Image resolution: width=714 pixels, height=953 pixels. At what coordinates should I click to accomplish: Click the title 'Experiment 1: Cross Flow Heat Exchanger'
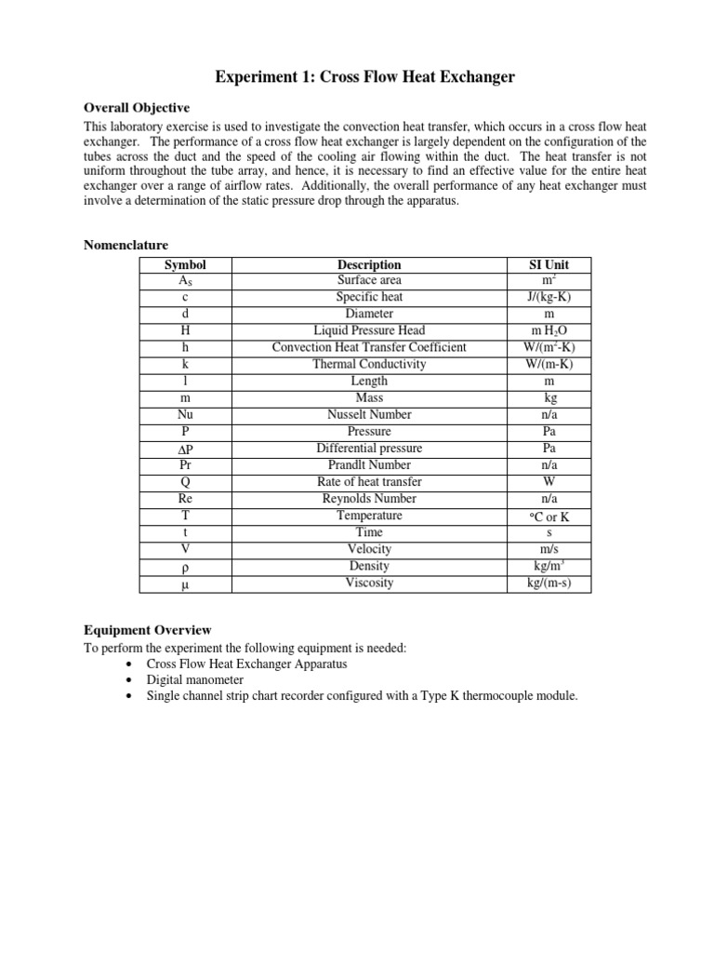[x=357, y=77]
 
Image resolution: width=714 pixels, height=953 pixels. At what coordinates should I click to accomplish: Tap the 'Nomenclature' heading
[x=126, y=246]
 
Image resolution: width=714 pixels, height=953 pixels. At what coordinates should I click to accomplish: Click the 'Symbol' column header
[x=184, y=265]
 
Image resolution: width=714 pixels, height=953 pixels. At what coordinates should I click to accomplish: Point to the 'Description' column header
[x=369, y=265]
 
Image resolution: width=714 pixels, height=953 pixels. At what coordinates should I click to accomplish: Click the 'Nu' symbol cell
[x=184, y=415]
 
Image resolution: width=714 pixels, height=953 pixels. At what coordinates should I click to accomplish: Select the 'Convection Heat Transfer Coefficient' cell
[x=369, y=348]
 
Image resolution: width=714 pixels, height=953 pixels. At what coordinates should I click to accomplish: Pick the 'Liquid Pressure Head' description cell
[x=369, y=331]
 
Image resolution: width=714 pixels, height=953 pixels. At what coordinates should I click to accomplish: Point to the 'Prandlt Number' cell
[x=369, y=465]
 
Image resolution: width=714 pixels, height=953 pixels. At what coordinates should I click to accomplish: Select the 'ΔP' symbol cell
[x=184, y=449]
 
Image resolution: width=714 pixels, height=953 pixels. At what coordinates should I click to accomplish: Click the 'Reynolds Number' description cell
[x=369, y=499]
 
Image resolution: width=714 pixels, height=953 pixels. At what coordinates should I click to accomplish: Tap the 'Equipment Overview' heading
[x=148, y=630]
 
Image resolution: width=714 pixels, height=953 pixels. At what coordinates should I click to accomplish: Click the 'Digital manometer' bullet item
[x=194, y=679]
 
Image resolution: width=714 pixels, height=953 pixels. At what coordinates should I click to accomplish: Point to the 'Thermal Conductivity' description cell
[x=369, y=365]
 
